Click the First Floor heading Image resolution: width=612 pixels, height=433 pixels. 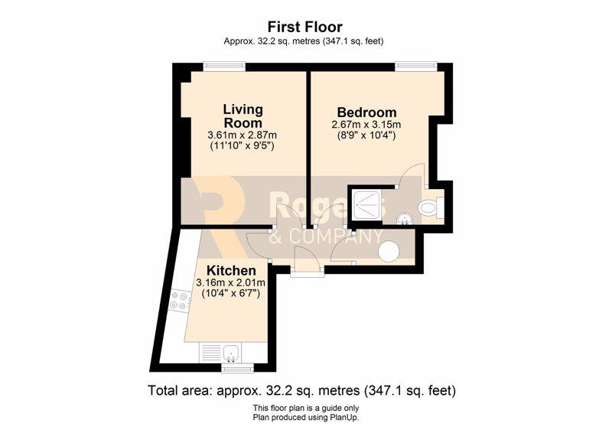(x=304, y=27)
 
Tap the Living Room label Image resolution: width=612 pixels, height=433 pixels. (x=243, y=116)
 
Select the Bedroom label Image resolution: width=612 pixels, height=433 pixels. (x=366, y=112)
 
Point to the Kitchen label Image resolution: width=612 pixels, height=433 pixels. (x=231, y=271)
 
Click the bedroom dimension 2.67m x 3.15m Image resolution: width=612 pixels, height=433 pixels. (x=366, y=125)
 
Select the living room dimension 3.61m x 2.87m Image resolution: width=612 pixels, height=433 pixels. (x=243, y=135)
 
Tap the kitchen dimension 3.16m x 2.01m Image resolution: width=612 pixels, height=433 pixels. (x=231, y=283)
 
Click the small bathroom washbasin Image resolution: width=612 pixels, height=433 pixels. (x=403, y=220)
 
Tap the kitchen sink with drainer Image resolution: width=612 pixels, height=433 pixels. (x=221, y=352)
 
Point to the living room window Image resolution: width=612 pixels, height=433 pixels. (x=224, y=67)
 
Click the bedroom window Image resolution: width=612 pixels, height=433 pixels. (x=415, y=67)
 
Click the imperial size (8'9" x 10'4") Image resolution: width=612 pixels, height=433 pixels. (x=366, y=136)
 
